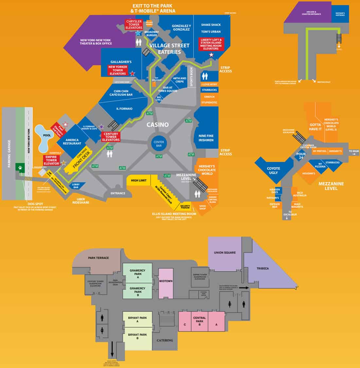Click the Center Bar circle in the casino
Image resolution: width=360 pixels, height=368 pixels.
(x=159, y=143)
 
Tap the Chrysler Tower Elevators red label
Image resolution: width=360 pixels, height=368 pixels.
(x=134, y=25)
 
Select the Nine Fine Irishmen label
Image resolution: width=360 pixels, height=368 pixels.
(x=206, y=138)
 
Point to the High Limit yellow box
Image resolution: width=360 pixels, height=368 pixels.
(x=138, y=180)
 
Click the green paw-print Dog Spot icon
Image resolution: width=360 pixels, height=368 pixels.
(x=20, y=167)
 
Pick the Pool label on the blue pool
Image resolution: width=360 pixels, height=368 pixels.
(x=47, y=135)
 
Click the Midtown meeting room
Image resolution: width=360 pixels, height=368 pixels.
(x=166, y=281)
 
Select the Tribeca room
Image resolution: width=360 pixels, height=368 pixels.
(x=262, y=268)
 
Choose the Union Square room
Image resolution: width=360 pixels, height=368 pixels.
(x=225, y=253)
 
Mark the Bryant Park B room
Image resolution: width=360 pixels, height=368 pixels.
(x=137, y=337)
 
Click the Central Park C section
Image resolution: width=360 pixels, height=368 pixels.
(x=185, y=324)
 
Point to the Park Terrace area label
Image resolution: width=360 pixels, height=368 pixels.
(x=98, y=258)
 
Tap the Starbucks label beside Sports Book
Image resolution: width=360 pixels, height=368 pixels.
(x=209, y=90)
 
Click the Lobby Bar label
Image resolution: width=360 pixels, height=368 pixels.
(x=76, y=186)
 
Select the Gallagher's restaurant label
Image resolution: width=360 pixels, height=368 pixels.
(x=121, y=62)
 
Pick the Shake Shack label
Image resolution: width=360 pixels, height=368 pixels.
(x=211, y=25)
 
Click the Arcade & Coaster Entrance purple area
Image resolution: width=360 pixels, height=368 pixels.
(x=311, y=14)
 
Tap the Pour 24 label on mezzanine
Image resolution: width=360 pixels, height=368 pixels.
(x=301, y=156)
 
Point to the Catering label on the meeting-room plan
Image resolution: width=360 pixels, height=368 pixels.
(x=165, y=340)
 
